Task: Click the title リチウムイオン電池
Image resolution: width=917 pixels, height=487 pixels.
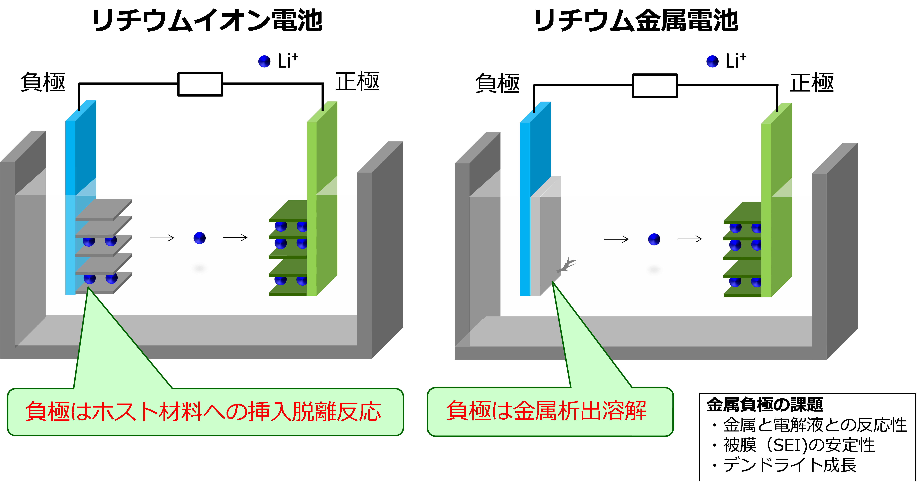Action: [x=207, y=21]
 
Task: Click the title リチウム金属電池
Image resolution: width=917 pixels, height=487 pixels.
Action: [x=636, y=21]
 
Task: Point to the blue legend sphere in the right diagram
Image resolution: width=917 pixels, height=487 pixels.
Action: [x=712, y=61]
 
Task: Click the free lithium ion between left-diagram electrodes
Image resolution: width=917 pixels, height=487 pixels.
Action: [x=199, y=238]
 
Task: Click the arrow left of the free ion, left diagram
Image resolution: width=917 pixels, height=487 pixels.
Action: [x=162, y=238]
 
